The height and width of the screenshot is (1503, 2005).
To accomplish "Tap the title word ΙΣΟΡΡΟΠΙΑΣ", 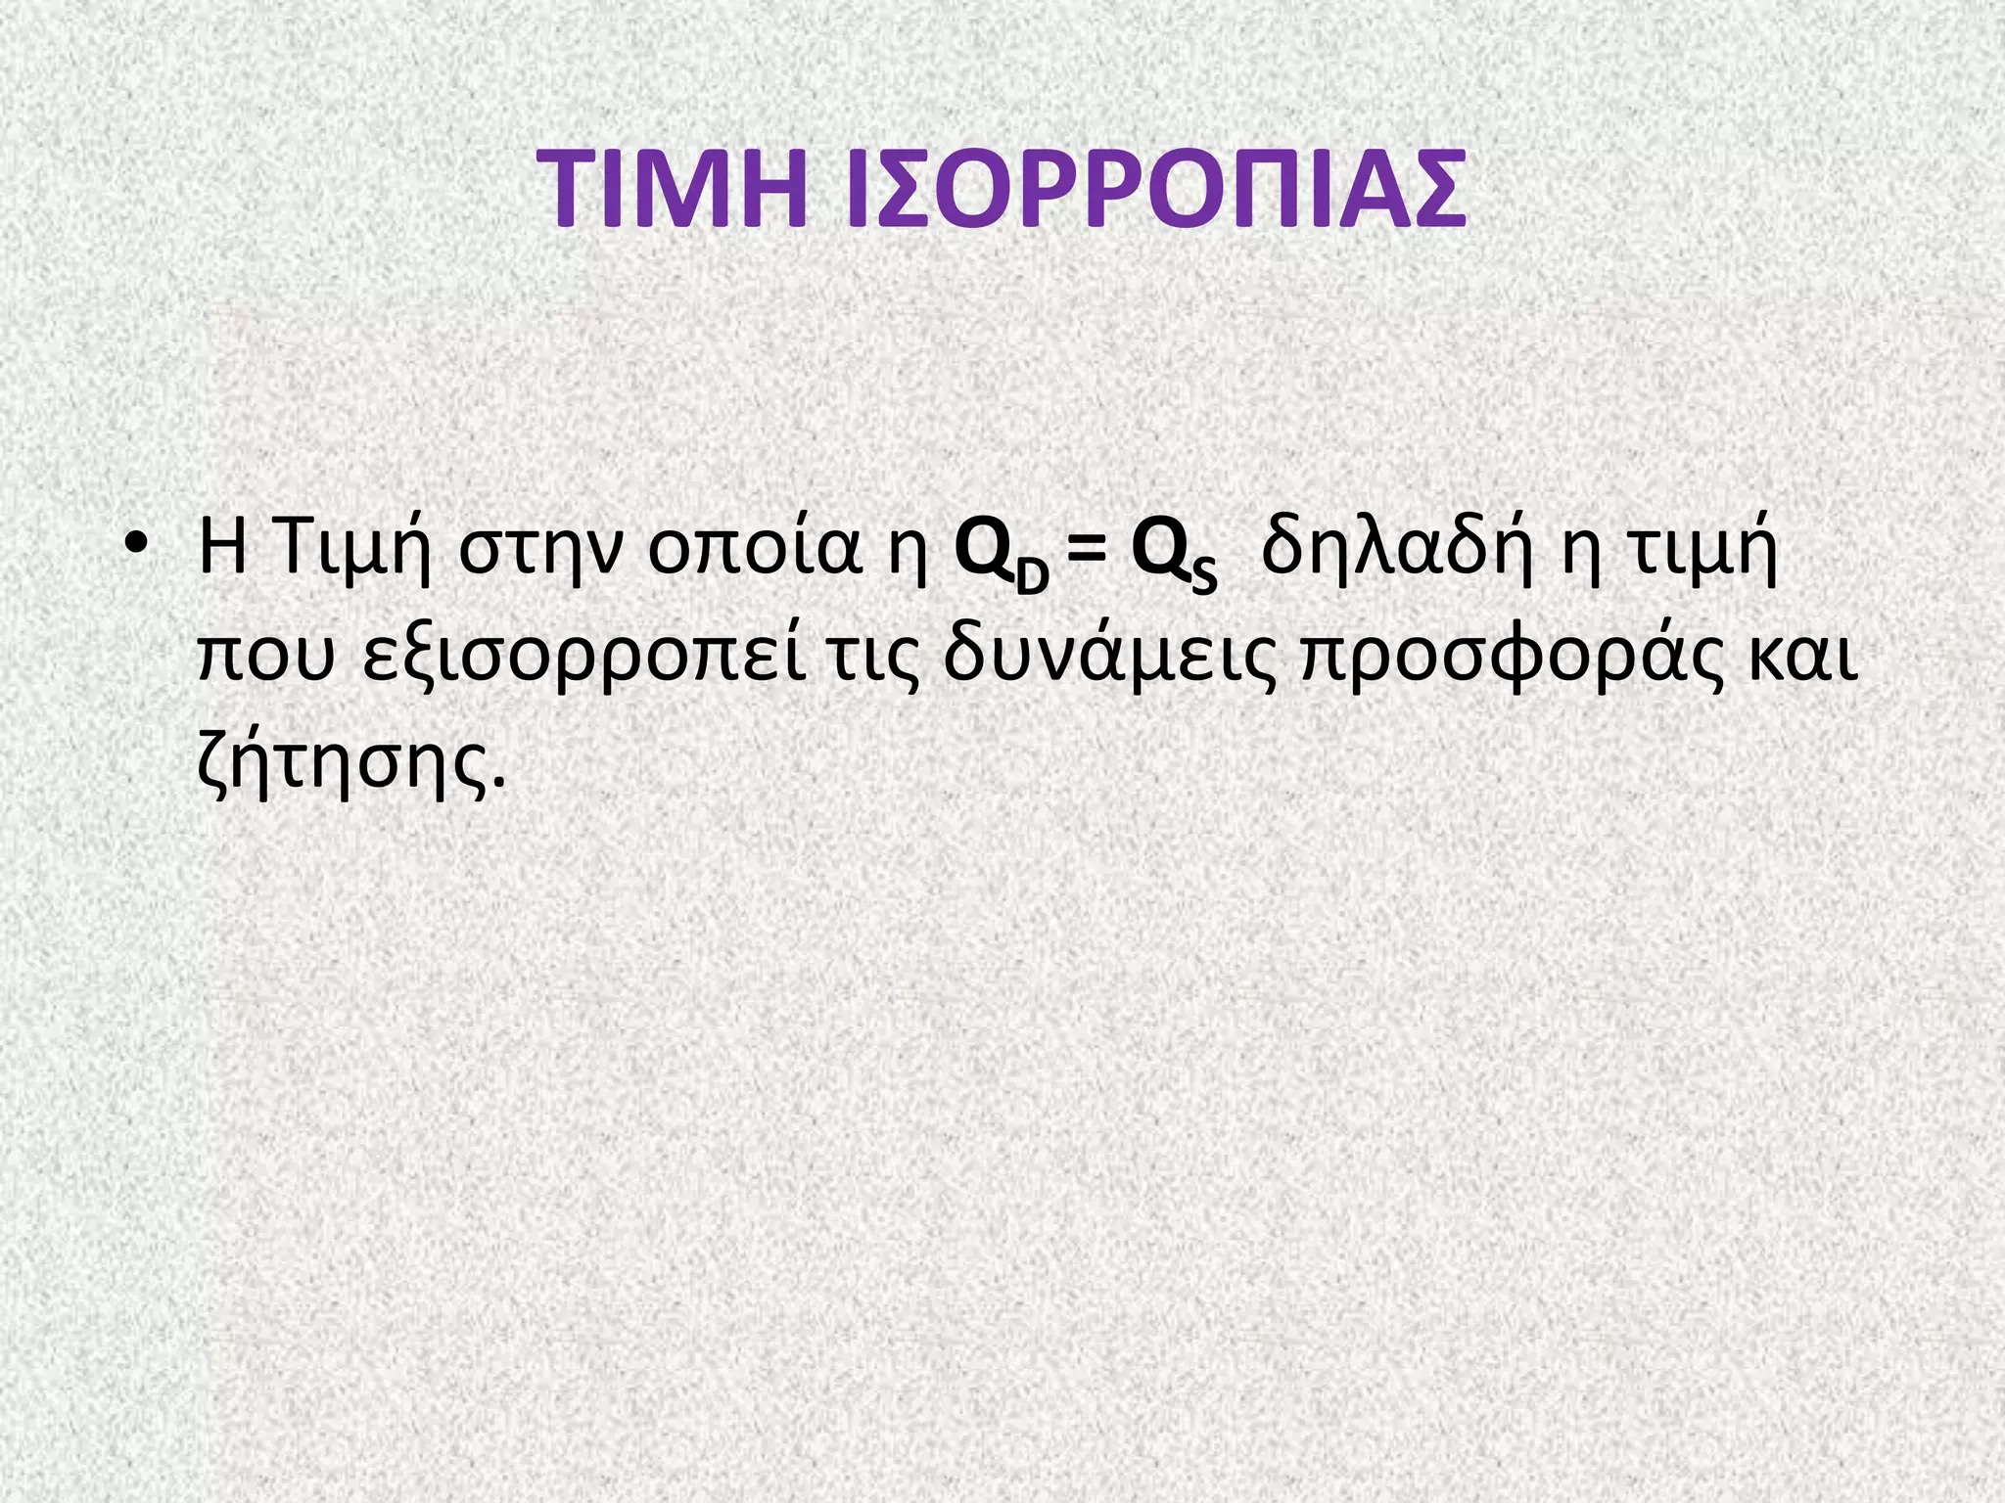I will [x=1155, y=190].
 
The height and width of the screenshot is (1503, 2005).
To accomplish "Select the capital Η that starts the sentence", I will [x=220, y=549].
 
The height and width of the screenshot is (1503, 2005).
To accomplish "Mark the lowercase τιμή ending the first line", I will [x=1704, y=551].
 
